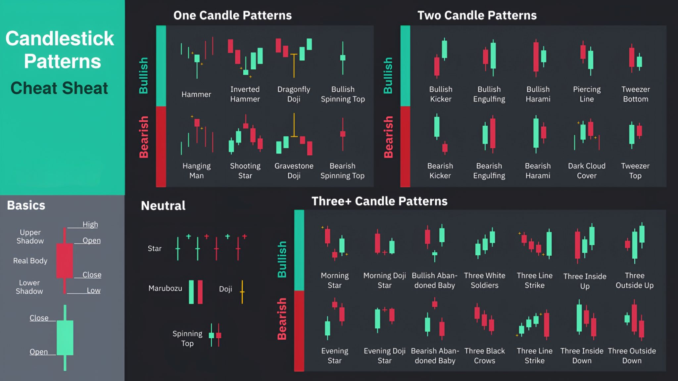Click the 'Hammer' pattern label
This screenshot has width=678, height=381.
click(x=196, y=95)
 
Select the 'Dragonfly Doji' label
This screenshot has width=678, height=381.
click(x=294, y=94)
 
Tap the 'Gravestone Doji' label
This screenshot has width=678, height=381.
click(x=294, y=171)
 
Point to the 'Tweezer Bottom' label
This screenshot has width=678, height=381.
click(x=635, y=94)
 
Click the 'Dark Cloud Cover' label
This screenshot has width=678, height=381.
click(x=586, y=171)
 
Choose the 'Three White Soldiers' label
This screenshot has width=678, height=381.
click(x=484, y=280)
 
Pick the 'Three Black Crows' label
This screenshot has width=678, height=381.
click(x=484, y=356)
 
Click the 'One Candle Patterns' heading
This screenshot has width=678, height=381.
click(x=232, y=16)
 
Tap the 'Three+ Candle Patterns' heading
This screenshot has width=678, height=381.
click(x=379, y=201)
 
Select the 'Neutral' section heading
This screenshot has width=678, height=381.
click(x=163, y=206)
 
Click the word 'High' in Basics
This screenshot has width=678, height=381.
click(x=90, y=224)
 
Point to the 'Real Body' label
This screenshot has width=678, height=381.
click(x=30, y=261)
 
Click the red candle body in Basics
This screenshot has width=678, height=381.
click(x=65, y=261)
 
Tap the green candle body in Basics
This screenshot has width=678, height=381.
click(x=65, y=337)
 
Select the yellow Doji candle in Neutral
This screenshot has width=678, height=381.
click(x=242, y=292)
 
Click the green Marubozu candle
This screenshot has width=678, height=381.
click(x=191, y=292)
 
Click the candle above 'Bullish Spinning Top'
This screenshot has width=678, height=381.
click(x=343, y=58)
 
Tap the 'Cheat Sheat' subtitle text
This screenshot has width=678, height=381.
click(x=59, y=88)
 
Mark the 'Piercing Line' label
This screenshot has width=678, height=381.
click(x=586, y=94)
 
